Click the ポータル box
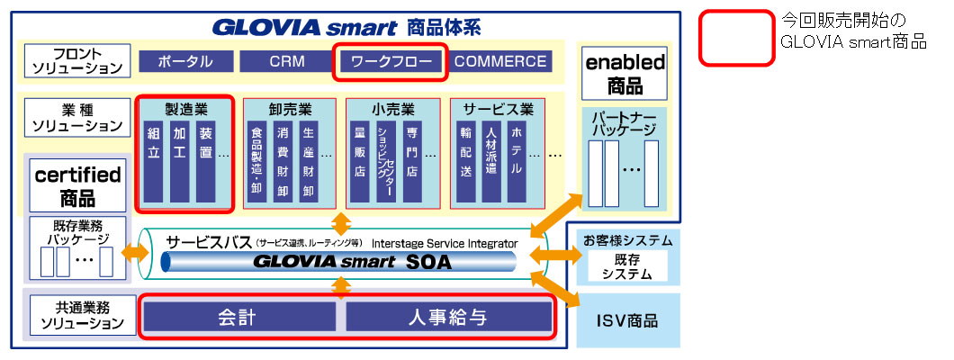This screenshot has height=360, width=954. click(185, 61)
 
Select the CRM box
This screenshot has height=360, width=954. click(287, 61)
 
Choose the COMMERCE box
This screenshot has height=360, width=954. click(500, 61)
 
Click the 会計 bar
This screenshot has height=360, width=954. click(238, 316)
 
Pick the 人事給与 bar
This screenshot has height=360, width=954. click(447, 316)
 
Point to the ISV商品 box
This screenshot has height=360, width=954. click(627, 320)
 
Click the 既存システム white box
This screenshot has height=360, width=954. click(628, 266)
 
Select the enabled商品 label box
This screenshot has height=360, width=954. click(625, 74)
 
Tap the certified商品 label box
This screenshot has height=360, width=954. click(77, 184)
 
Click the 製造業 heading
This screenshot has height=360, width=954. click(186, 109)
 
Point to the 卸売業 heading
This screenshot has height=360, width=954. click(289, 110)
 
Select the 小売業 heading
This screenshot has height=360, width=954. click(392, 110)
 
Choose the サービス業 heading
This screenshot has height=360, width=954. click(498, 110)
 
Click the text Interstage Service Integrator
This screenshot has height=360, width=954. click(445, 243)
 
